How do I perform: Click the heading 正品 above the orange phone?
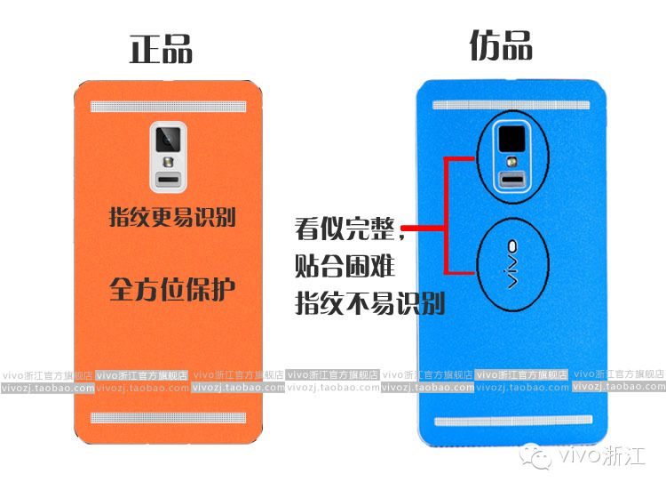pos(161,49)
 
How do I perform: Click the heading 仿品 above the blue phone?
pos(501,45)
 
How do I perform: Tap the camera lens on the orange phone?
pos(168,139)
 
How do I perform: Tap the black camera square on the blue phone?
pos(511,139)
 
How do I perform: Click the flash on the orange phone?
pos(169,162)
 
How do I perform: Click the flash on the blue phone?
pos(512,162)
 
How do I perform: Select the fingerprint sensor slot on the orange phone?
pos(169,179)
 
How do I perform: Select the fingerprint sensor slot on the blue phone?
pos(512,179)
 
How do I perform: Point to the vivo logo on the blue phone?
pos(512,265)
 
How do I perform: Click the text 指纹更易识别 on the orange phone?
pos(172,217)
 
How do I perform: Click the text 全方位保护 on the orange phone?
pos(172,289)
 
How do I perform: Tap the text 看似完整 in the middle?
pos(345,229)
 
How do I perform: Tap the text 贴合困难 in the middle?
pos(345,266)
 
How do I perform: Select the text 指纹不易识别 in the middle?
pos(370,303)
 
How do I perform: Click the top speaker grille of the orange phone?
pos(168,107)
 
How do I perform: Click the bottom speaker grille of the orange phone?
pos(168,418)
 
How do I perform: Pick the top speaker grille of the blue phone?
pos(511,105)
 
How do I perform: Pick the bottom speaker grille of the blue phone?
pos(513,421)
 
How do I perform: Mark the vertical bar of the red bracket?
pos(446,215)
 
